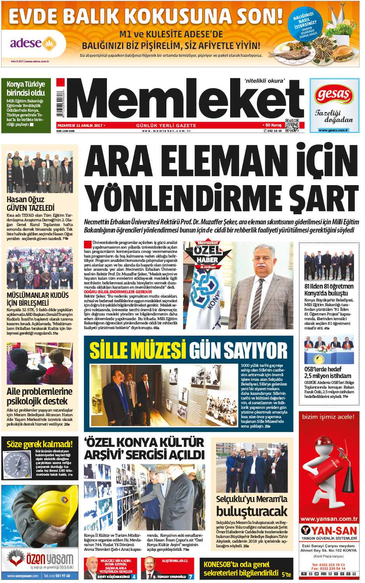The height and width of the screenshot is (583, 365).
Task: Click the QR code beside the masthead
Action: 292,125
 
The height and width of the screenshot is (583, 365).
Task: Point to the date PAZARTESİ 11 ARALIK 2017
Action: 80,126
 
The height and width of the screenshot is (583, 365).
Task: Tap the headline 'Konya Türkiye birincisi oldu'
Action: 26,89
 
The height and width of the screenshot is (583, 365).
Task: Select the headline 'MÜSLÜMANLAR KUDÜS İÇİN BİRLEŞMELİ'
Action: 38,299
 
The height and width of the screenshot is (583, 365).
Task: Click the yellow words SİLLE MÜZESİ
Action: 138,350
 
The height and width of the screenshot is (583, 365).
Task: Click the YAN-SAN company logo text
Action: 329,530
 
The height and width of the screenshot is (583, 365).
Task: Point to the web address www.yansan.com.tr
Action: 329,519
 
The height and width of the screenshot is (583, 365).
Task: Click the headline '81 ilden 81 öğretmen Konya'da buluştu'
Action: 329,290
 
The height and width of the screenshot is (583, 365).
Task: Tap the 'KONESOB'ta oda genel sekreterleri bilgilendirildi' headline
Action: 241,569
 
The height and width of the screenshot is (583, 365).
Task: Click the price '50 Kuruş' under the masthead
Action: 273,125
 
